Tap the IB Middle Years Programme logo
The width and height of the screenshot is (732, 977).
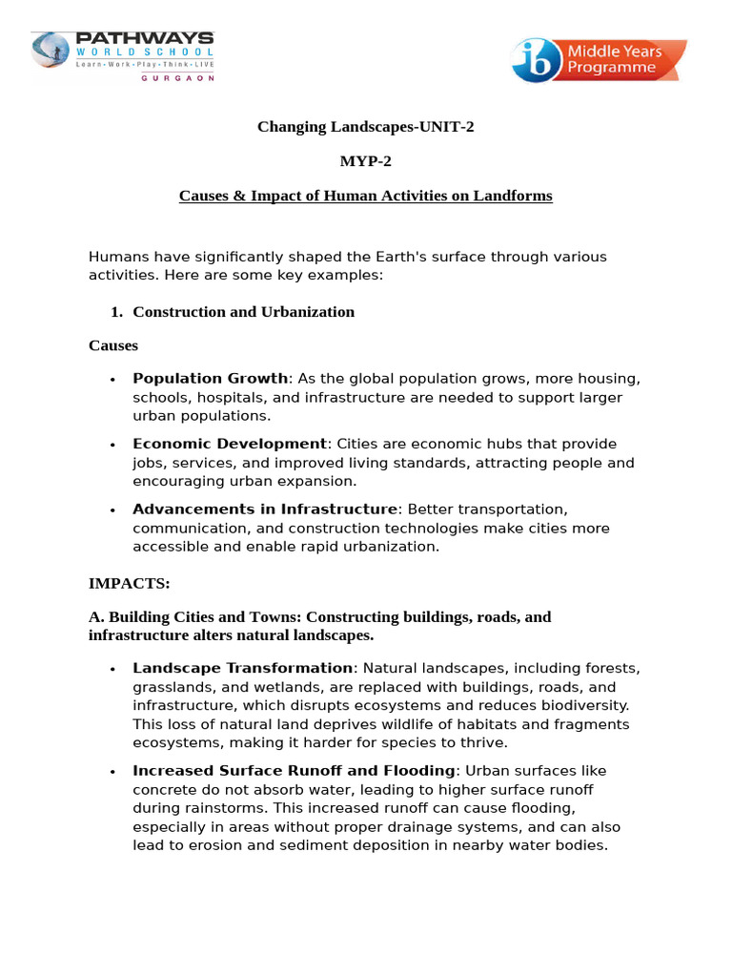click(x=599, y=60)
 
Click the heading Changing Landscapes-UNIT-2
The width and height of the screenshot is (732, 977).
click(x=365, y=126)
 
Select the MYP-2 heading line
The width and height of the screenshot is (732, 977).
click(x=365, y=160)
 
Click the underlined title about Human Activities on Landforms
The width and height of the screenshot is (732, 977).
click(x=365, y=196)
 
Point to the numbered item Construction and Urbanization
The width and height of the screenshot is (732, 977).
click(x=243, y=312)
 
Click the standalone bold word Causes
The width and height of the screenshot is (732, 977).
click(x=113, y=345)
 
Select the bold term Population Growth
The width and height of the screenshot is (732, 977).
click(x=210, y=379)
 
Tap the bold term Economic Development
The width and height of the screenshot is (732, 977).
click(x=229, y=444)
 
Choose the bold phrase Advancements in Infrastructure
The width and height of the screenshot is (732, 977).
click(x=264, y=509)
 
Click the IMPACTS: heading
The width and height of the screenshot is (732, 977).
click(x=129, y=582)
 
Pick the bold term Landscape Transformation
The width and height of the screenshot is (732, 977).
click(x=242, y=668)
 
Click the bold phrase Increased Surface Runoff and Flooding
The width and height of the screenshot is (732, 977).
click(x=294, y=771)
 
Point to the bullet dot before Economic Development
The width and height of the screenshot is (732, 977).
click(x=112, y=445)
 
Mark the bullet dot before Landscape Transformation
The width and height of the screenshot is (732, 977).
click(x=112, y=669)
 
